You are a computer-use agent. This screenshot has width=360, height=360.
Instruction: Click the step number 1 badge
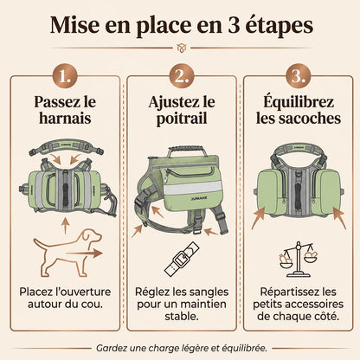[65, 76]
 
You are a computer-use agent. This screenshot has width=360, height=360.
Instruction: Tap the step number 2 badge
[182, 76]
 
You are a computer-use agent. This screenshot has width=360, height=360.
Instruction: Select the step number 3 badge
[299, 76]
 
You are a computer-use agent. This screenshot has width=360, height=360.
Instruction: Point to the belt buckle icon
[182, 259]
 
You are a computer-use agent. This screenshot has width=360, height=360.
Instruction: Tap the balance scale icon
[299, 260]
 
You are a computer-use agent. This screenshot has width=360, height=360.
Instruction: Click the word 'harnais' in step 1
[65, 119]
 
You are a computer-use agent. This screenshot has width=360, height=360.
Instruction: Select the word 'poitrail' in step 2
[182, 119]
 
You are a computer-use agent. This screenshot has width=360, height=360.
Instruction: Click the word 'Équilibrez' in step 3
[299, 101]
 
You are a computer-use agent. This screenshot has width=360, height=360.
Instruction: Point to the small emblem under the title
[182, 48]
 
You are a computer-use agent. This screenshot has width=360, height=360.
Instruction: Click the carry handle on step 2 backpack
[184, 151]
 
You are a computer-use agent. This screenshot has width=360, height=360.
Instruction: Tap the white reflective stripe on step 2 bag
[193, 188]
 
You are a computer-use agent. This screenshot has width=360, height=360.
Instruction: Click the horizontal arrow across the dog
[84, 254]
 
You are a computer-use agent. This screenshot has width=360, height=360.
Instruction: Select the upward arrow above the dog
[66, 226]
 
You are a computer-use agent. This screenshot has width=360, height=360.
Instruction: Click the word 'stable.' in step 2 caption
[182, 317]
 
